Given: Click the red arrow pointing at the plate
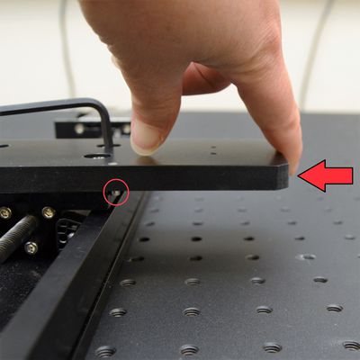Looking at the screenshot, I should click(326, 175).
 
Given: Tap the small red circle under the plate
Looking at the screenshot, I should click(116, 191).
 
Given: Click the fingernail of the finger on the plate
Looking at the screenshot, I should click(147, 137).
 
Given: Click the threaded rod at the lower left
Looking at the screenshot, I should click(18, 237).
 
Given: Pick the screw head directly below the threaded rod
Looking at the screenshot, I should click(31, 247).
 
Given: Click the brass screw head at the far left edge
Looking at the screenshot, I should click(5, 213).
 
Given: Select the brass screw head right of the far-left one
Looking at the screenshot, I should click(47, 213).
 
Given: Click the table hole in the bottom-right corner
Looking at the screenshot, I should click(349, 345).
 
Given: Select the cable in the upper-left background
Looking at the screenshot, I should click(66, 45).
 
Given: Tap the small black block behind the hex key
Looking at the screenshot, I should click(76, 128).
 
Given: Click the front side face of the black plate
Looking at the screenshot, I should click(180, 177).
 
